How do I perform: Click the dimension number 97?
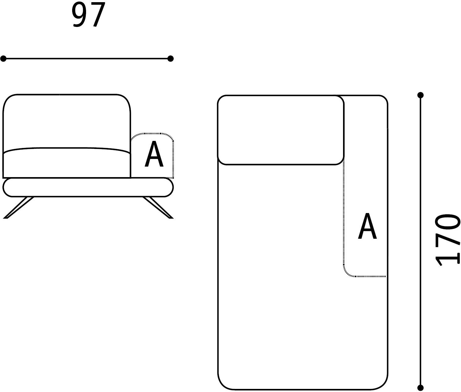point(88,15)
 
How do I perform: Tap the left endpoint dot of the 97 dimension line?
point(3,59)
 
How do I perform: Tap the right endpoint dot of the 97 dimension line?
point(170,59)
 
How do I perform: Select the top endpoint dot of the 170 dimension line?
point(420,95)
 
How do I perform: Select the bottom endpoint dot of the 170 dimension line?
point(420,387)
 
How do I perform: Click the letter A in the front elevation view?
point(154,155)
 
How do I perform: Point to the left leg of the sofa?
point(19,207)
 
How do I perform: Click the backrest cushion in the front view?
point(67,121)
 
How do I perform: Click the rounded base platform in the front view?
point(88,187)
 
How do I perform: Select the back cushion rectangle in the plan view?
point(281,130)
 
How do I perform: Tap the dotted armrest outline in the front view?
point(152,134)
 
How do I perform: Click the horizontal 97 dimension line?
point(87,59)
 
